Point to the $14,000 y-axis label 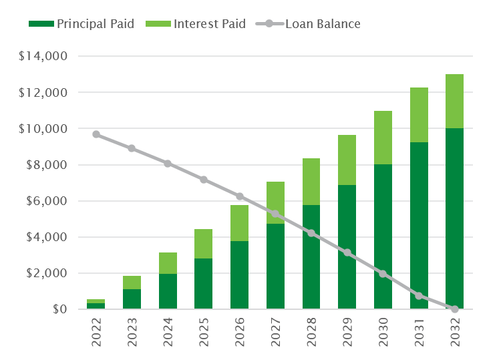pyautogui.click(x=43, y=56)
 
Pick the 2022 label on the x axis pyautogui.click(x=96, y=333)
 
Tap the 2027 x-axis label pyautogui.click(x=276, y=333)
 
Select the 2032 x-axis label pyautogui.click(x=455, y=333)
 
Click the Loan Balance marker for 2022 pyautogui.click(x=96, y=134)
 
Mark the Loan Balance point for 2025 pyautogui.click(x=204, y=180)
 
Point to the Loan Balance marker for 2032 pyautogui.click(x=455, y=309)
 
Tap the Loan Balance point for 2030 pyautogui.click(x=383, y=274)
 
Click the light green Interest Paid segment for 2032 pyautogui.click(x=455, y=101)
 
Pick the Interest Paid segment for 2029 pyautogui.click(x=347, y=160)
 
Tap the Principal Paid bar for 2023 pyautogui.click(x=132, y=299)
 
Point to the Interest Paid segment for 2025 pyautogui.click(x=204, y=244)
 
